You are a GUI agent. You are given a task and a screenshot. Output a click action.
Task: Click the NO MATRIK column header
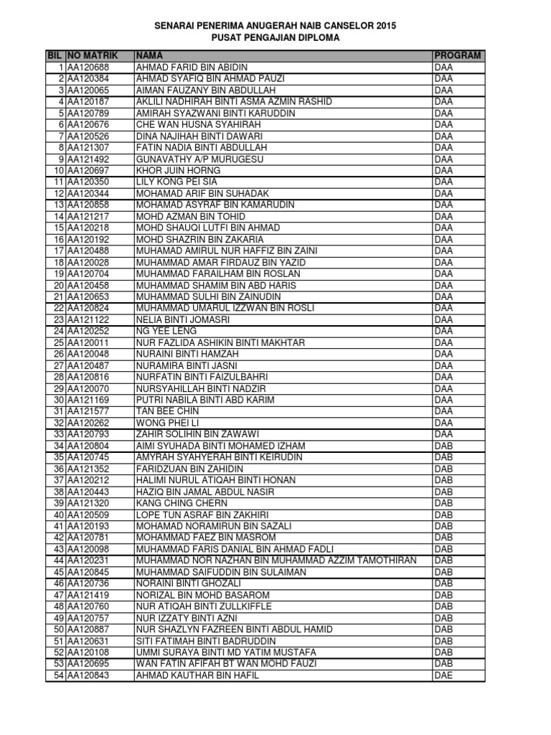pos(92,55)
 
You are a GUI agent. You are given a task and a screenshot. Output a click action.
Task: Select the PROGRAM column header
pos(457,55)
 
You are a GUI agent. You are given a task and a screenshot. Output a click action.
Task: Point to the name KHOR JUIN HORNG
pos(178,170)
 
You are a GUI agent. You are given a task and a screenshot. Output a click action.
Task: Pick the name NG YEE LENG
pos(166,331)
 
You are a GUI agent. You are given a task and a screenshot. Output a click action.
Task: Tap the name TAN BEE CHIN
pos(167,411)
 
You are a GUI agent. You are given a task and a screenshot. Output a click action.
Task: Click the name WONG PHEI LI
pos(168,423)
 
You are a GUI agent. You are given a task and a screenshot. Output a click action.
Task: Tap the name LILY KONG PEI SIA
pos(176,182)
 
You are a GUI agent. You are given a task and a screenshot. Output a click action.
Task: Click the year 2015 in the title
pos(383,25)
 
